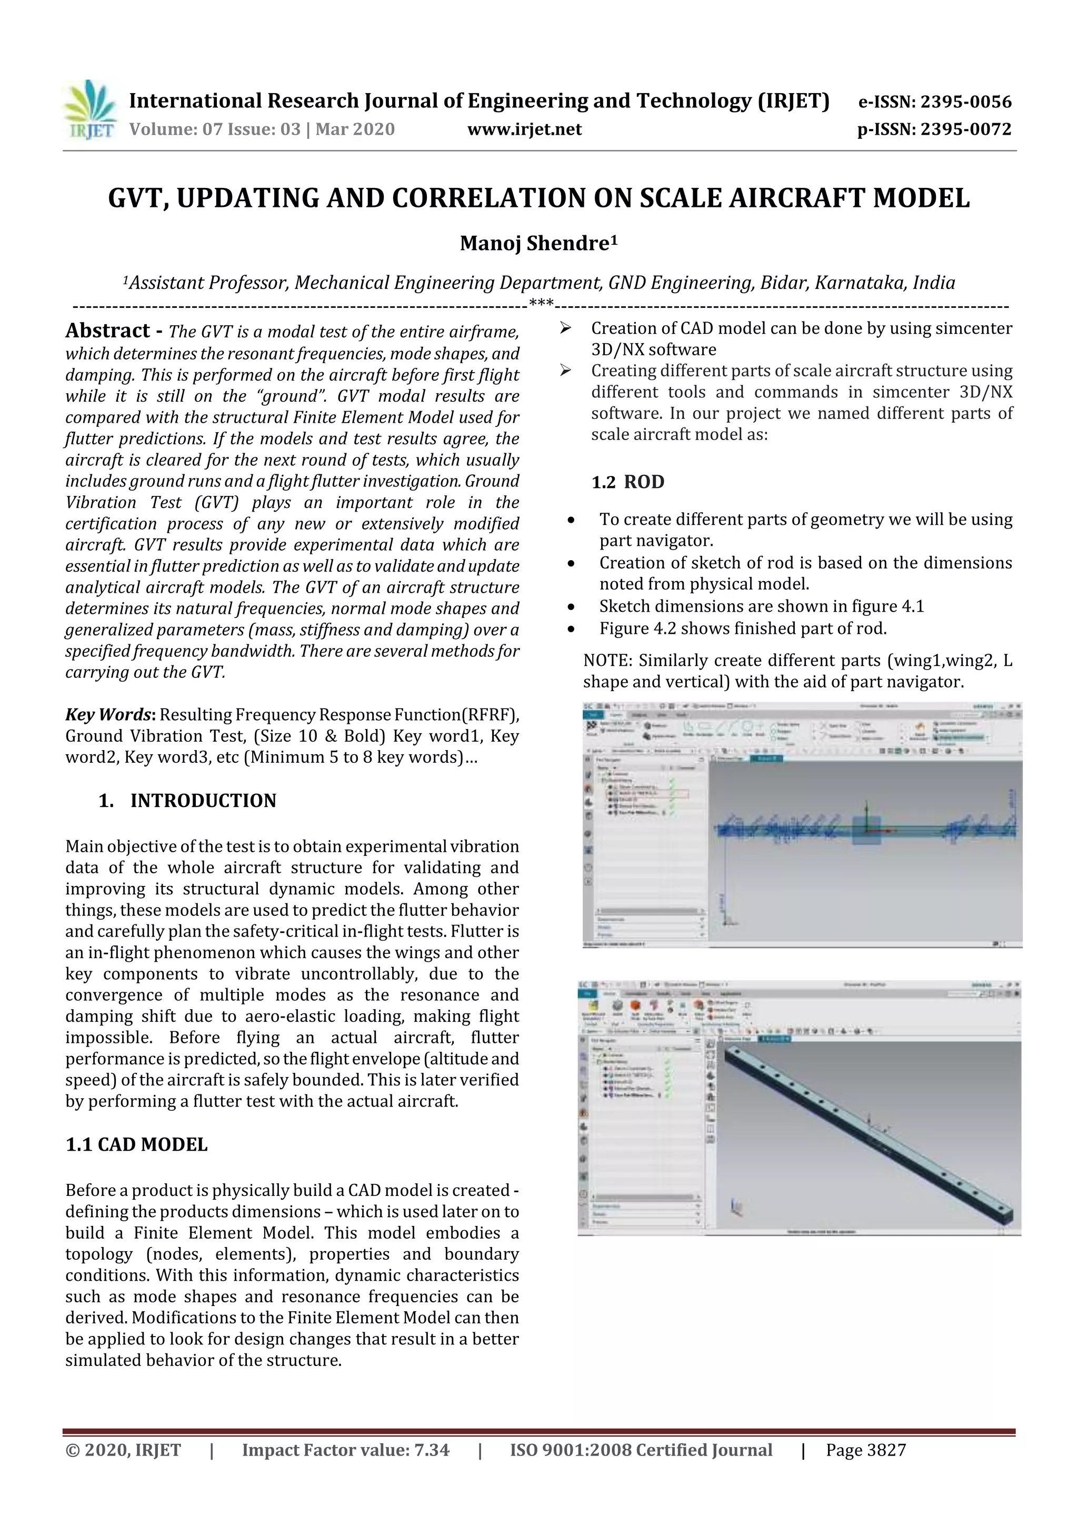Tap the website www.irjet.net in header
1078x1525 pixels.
pos(524,129)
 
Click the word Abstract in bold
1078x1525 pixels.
pos(107,331)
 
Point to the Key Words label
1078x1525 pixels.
pos(109,715)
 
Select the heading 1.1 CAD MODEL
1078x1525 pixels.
pos(136,1144)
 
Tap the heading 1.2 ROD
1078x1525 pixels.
pos(627,482)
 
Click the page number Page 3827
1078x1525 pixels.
pos(865,1450)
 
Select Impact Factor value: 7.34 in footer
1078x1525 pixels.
pos(345,1450)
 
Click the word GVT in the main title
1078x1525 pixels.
pos(137,198)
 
